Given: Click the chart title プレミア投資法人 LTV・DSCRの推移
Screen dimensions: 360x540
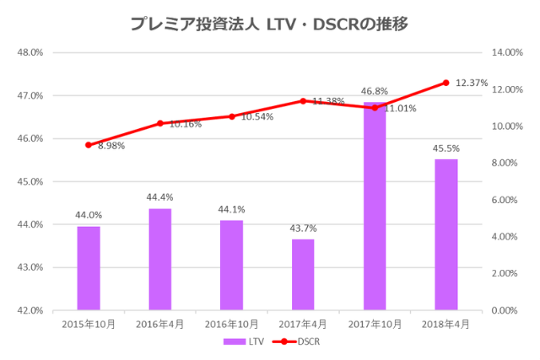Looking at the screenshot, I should point(269,24).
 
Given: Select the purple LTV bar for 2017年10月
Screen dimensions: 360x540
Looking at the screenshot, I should point(375,207).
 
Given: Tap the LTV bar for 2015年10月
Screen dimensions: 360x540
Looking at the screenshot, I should point(89,268).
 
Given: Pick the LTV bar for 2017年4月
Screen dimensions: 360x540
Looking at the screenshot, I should point(303,275).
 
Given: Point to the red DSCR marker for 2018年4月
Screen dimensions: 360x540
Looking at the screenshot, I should point(446,83).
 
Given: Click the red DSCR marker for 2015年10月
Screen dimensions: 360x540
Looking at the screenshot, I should point(89,145).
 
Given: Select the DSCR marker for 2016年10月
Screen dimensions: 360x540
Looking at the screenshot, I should point(232,116).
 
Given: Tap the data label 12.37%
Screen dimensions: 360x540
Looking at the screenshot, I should point(472,83).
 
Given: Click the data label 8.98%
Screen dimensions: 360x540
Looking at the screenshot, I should point(112,146).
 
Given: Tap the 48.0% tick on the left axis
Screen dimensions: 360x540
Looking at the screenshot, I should point(30,52).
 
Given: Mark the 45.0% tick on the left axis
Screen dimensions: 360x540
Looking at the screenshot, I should point(30,181).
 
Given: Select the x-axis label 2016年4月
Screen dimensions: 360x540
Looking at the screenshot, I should point(160,323).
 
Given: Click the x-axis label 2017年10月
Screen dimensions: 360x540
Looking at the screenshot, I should point(375,323).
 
